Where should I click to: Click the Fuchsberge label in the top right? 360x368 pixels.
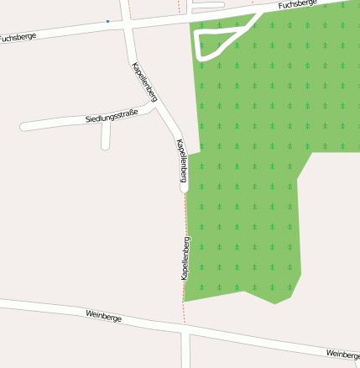coord(299,5)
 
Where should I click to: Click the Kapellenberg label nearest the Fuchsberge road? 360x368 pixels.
coord(144,82)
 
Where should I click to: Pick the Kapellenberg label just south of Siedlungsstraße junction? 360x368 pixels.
coord(182,160)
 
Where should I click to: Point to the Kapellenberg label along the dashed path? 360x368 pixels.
coord(185,258)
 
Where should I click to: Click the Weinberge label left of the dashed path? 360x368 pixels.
coord(104,317)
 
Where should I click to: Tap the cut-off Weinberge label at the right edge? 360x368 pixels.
coord(344,355)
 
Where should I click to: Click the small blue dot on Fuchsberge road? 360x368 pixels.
coord(107,21)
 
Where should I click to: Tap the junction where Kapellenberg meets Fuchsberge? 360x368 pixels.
coord(131,25)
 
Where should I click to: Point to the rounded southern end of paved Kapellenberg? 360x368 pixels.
coord(185,189)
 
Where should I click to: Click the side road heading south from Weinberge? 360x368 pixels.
coord(185,351)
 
